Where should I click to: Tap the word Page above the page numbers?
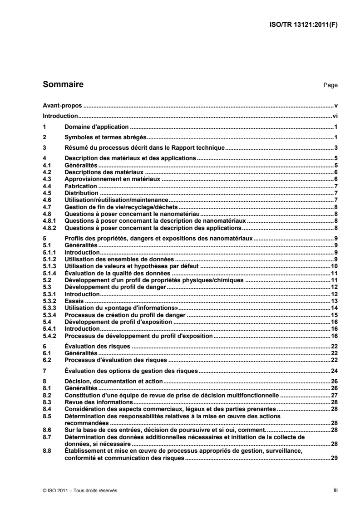tap(330, 85)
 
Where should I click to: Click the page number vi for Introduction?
tap(335, 116)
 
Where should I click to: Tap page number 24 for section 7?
tap(334, 371)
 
